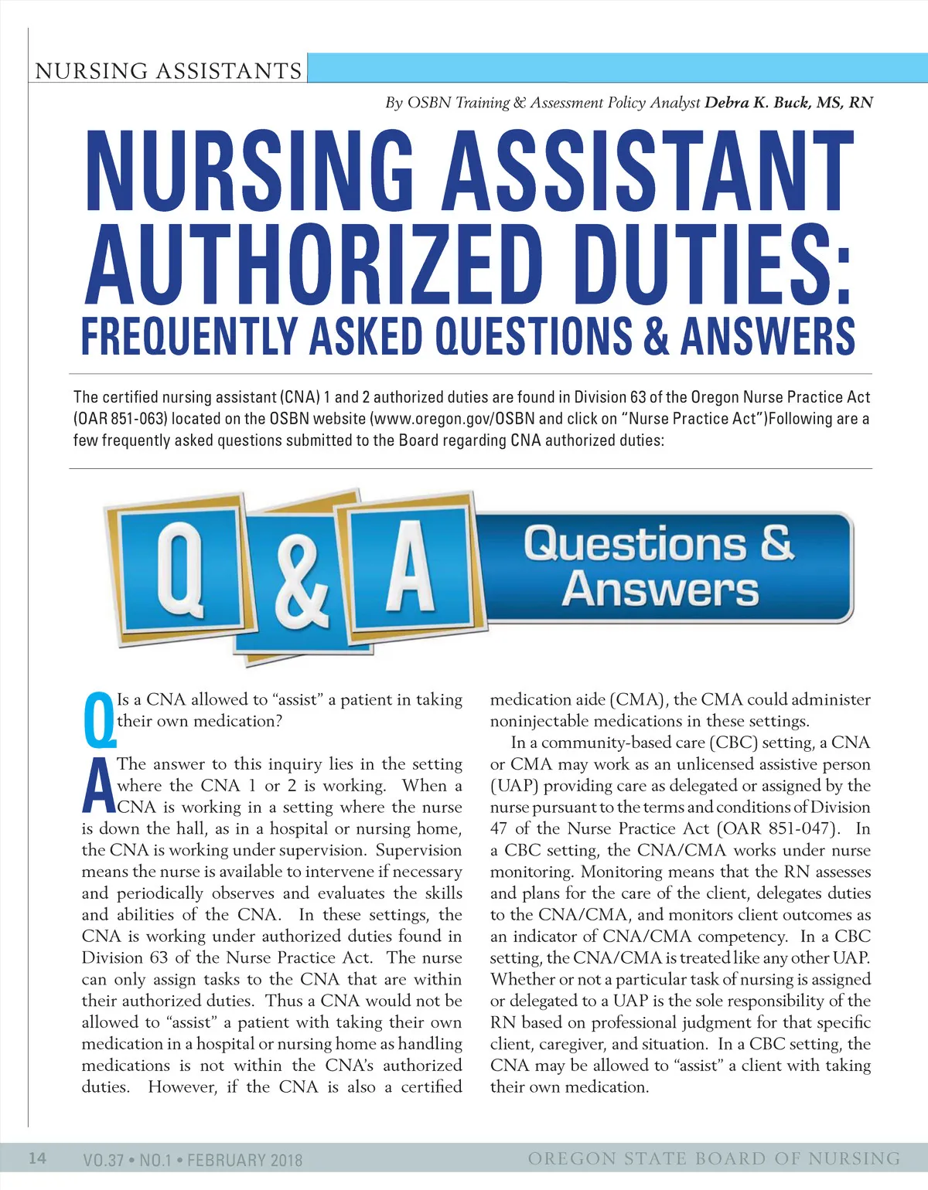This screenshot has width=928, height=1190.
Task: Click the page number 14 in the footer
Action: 37,1158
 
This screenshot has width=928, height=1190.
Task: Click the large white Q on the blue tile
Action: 180,569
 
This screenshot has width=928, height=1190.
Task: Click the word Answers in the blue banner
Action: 660,590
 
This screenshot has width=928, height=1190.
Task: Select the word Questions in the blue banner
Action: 634,544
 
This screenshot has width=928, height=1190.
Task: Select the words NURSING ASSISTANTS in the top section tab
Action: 168,71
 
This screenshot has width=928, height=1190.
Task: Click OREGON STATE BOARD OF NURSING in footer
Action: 714,1158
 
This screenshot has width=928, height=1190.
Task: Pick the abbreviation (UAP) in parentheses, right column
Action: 514,786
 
